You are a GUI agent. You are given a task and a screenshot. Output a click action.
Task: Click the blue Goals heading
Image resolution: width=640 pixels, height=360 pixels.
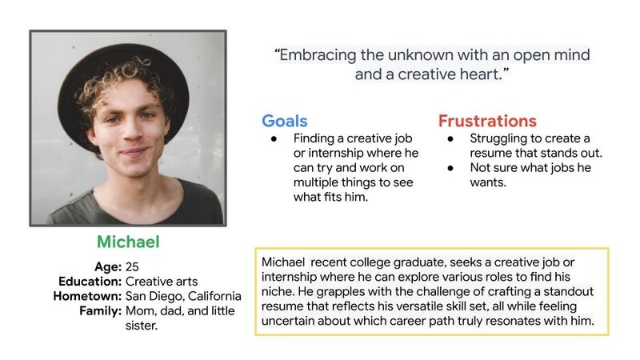pos(285,122)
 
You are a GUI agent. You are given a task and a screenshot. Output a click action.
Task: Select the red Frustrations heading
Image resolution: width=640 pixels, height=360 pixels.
pos(487,122)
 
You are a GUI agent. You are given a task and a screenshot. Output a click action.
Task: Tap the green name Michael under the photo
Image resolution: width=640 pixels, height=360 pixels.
pos(128,242)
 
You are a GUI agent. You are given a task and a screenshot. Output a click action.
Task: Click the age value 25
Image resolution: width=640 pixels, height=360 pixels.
pos(132,267)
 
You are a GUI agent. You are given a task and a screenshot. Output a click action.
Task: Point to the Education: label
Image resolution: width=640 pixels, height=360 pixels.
pos(90,282)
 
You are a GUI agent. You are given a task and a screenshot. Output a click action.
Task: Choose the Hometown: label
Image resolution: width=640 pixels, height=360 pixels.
pos(87,296)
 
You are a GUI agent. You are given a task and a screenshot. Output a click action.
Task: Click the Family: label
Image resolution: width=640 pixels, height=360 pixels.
pos(101,311)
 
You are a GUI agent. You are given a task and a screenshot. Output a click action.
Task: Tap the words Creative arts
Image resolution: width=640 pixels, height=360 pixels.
pos(162,282)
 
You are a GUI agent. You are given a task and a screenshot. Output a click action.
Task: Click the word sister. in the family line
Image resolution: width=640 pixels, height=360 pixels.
pos(142,326)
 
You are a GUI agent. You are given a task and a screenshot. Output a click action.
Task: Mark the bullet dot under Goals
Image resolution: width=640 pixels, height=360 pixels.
pos(274,139)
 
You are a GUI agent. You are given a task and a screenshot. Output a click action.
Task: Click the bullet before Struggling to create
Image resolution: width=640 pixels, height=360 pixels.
pos(450,139)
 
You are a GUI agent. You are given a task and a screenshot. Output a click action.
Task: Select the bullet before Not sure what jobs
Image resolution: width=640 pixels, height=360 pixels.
pos(450,168)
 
